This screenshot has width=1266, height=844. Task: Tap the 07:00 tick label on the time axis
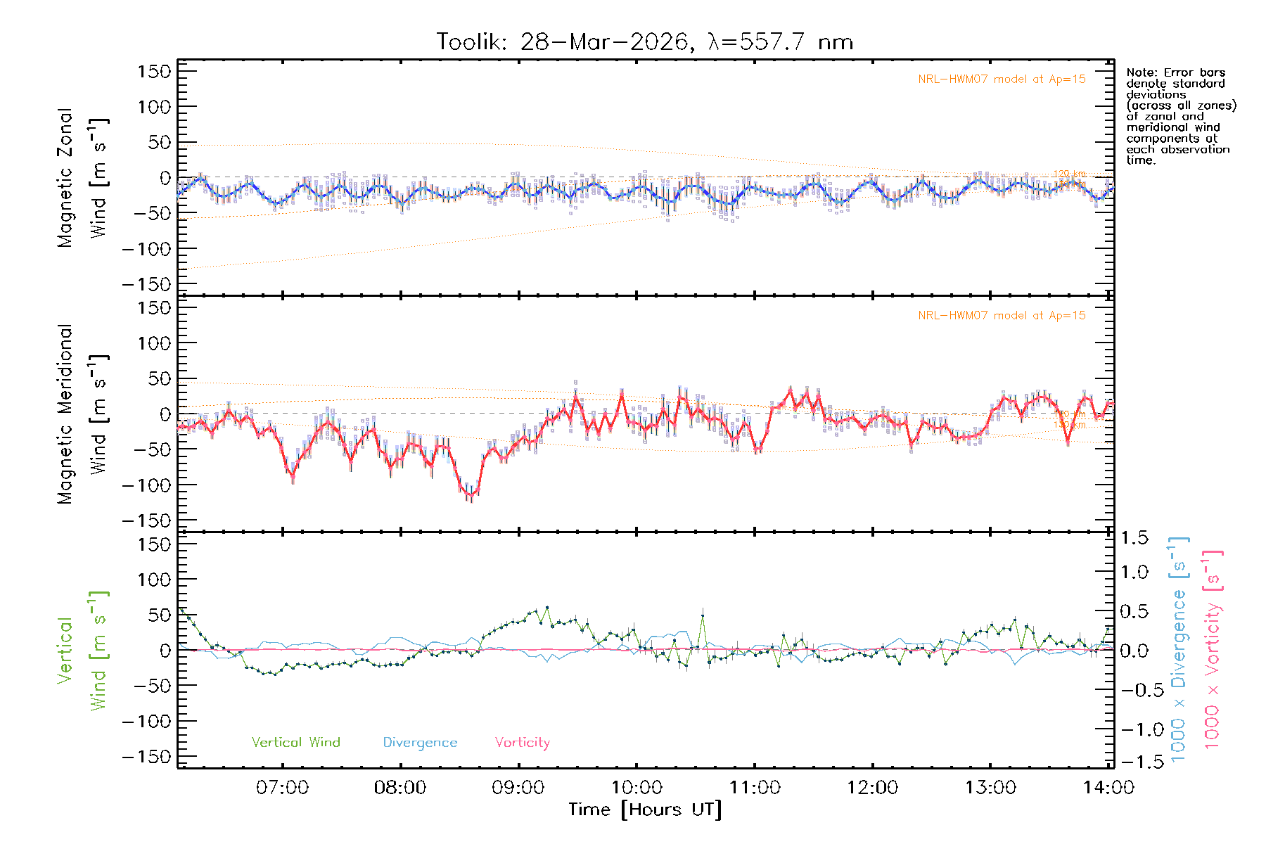[x=282, y=788]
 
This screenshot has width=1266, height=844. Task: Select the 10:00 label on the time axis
[x=637, y=788]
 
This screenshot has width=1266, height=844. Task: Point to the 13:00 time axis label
[x=990, y=788]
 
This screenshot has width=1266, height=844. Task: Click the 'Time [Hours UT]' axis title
[x=645, y=810]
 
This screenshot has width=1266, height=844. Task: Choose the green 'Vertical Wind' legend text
[x=295, y=742]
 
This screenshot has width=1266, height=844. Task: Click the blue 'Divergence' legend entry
[x=420, y=742]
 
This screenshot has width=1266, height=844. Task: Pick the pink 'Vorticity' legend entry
[x=522, y=742]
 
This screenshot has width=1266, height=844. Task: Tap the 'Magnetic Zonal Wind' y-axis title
[x=82, y=178]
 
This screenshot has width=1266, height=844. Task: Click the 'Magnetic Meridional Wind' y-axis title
[x=82, y=414]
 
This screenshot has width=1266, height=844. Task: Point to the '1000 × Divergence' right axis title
[x=1179, y=651]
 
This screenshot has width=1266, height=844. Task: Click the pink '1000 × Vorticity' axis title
[x=1213, y=651]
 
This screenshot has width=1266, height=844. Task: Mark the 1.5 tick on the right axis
[x=1134, y=538]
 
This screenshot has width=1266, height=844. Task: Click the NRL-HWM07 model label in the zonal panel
[x=1002, y=79]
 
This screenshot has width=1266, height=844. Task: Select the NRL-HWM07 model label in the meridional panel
[x=1002, y=316]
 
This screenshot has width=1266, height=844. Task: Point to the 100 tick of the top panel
[x=155, y=107]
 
